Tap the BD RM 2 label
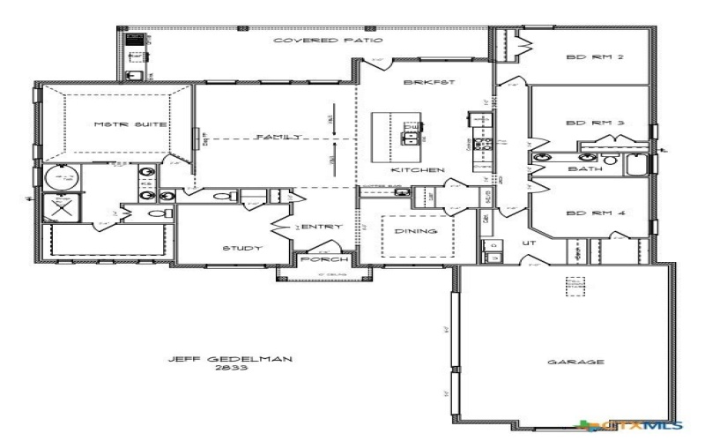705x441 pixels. point(583,59)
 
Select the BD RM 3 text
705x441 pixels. point(583,123)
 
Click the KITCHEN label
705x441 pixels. point(418,169)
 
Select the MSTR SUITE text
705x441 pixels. point(118,126)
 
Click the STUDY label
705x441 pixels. point(241,249)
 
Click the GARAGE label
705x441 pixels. point(562,362)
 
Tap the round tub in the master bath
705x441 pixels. point(62,177)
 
